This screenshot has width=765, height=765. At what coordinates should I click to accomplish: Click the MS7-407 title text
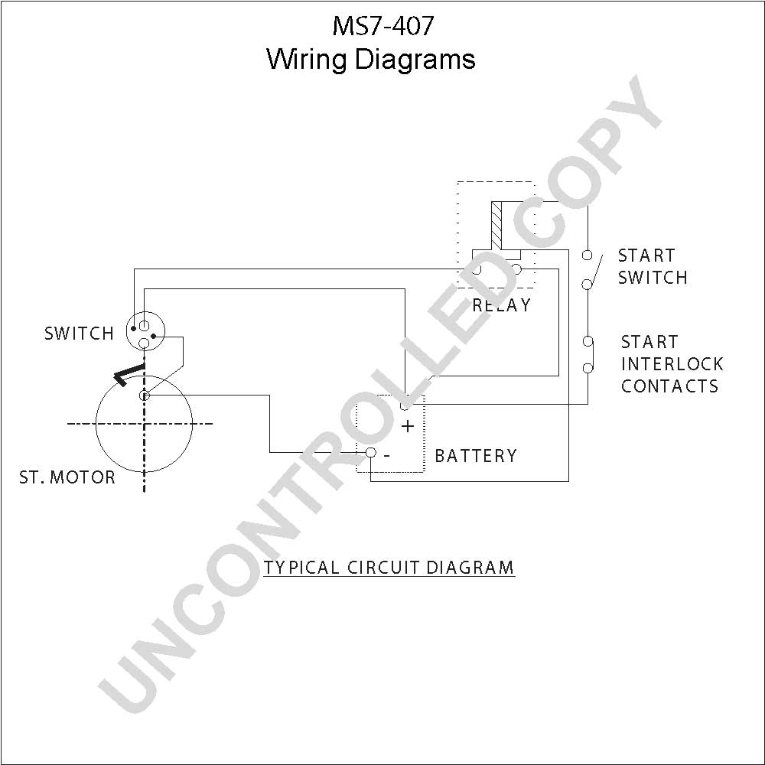click(382, 26)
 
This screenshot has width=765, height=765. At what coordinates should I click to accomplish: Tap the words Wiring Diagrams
click(371, 60)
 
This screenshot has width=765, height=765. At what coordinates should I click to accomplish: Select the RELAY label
click(502, 305)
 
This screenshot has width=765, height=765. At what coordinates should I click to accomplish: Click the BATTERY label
click(476, 456)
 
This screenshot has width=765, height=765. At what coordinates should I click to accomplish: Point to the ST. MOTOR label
click(67, 477)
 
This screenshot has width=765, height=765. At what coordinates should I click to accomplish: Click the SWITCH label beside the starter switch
click(79, 334)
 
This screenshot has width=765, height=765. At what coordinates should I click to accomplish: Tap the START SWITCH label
click(653, 266)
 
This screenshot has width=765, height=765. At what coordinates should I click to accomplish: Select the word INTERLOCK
click(672, 364)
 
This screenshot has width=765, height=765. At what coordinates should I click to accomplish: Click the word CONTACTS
click(670, 386)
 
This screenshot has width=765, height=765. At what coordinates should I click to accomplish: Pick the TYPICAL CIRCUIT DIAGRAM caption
click(389, 568)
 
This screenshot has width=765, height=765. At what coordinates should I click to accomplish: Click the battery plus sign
click(408, 426)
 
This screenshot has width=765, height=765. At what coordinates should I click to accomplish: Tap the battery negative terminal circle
click(371, 453)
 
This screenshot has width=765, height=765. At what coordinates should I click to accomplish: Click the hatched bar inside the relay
click(496, 224)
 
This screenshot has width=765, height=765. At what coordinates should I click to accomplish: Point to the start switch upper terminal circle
click(588, 256)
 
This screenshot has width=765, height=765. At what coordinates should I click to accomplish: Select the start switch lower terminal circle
click(588, 284)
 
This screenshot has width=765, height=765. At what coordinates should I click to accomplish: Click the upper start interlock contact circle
click(588, 341)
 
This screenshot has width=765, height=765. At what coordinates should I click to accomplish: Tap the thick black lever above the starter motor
click(128, 375)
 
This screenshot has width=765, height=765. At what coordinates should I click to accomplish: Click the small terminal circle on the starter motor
click(144, 396)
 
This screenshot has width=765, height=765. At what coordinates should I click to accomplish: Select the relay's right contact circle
click(516, 269)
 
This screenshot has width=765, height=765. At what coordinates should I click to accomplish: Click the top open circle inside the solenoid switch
click(144, 325)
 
